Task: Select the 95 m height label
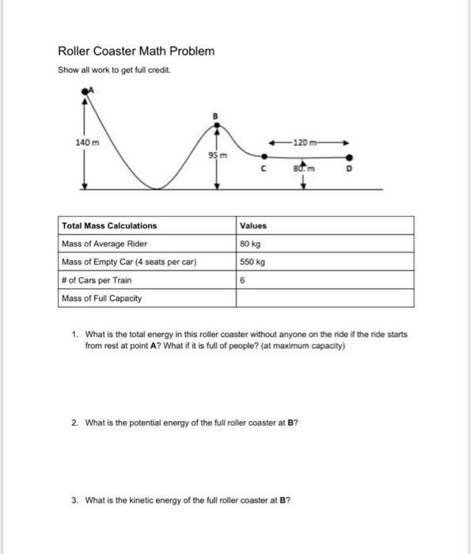tap(218, 155)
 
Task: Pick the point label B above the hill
tap(213, 116)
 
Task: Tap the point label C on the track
tap(262, 169)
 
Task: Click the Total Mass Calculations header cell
tap(109, 226)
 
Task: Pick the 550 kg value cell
tap(254, 261)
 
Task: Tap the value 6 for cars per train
tap(244, 280)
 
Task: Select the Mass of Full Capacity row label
tap(102, 298)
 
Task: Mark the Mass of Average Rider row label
tap(104, 243)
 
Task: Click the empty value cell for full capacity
tap(325, 298)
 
